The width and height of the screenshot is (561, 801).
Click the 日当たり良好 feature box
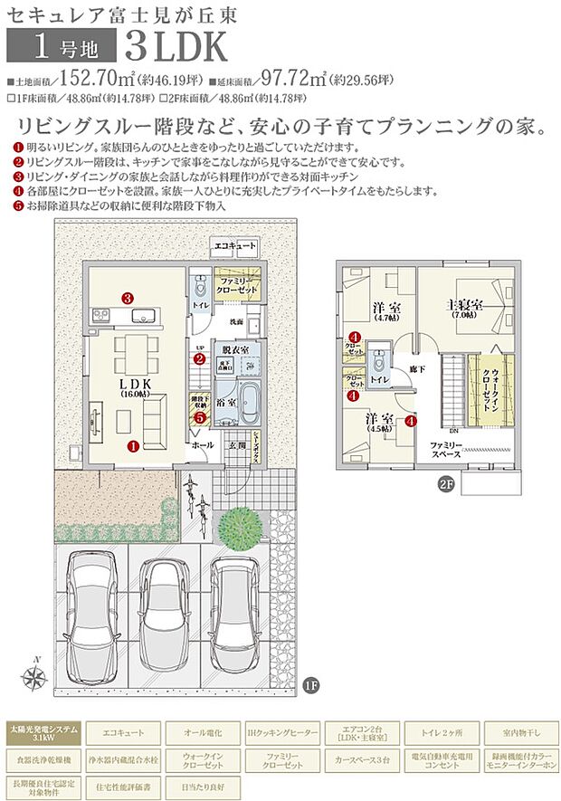click(201, 783)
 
